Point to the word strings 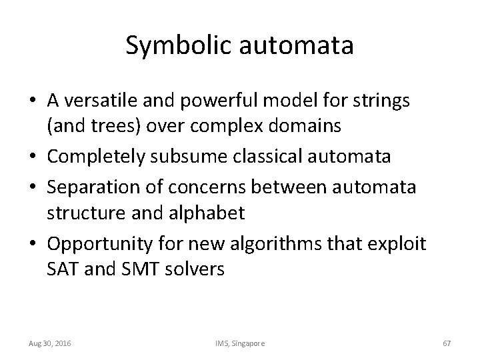[386, 101]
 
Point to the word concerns [203, 187]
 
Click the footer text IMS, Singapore [240, 343]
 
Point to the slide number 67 [447, 343]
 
